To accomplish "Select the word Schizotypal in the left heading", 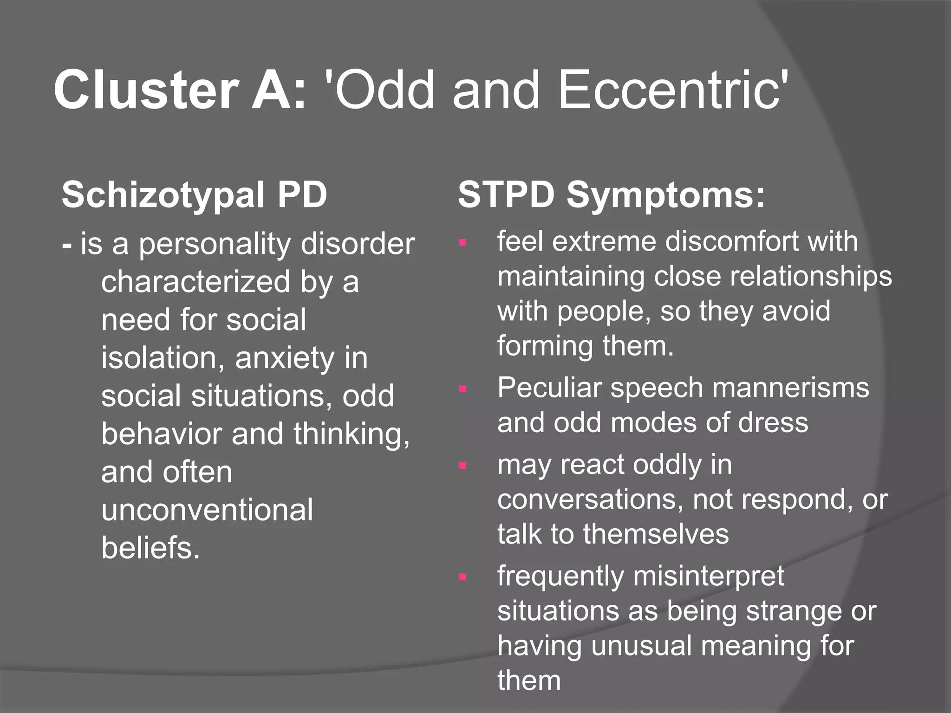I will [163, 195].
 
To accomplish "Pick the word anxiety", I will [284, 358].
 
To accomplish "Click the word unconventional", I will [207, 510].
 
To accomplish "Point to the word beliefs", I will [150, 548].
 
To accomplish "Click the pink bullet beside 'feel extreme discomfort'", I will [462, 242].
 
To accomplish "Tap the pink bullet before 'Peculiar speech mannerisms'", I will [462, 389].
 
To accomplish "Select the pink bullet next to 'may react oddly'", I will [462, 465].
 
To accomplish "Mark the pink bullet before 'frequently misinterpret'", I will [462, 577].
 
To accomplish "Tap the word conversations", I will [589, 499].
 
